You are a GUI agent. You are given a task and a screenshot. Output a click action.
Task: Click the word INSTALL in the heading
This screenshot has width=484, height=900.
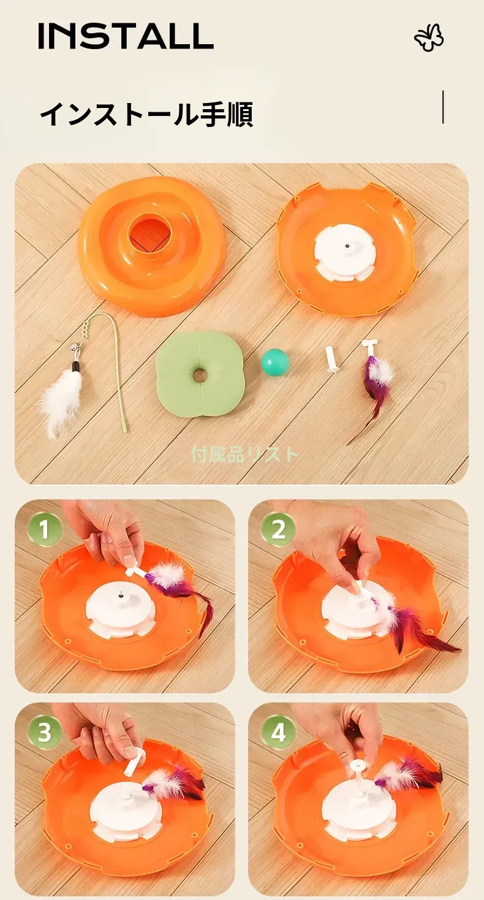tap(126, 36)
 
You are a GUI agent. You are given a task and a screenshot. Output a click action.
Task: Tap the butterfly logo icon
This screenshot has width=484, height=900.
tap(429, 38)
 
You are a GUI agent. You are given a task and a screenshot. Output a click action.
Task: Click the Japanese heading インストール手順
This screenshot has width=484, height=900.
tap(146, 115)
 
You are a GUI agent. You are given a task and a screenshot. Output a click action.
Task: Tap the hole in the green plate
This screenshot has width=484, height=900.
tap(199, 375)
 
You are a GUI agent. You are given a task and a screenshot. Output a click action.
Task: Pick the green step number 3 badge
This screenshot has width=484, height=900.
tap(45, 732)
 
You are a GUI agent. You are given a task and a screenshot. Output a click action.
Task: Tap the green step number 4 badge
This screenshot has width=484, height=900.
tap(278, 732)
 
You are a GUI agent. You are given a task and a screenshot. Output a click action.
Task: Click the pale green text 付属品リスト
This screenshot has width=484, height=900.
tap(244, 454)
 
